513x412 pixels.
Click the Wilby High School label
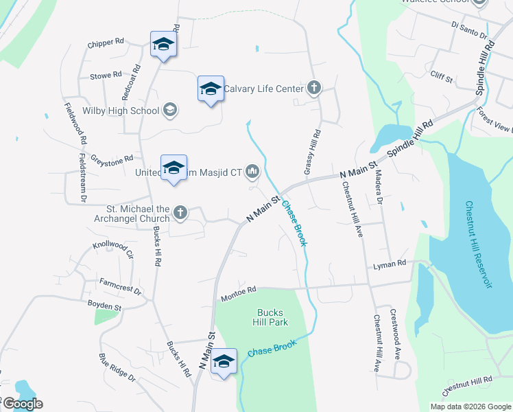(x=120, y=110)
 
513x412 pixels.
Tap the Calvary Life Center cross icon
(x=313, y=87)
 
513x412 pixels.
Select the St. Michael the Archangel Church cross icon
(x=180, y=212)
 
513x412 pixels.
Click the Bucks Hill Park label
(x=272, y=317)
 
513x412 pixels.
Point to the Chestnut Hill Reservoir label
(x=479, y=245)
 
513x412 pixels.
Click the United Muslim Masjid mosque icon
(x=252, y=172)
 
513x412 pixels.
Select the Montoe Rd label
(x=239, y=294)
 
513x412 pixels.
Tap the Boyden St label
(x=104, y=301)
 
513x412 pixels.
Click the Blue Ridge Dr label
(x=117, y=367)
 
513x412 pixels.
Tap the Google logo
(x=22, y=404)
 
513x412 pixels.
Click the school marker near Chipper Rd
(x=163, y=45)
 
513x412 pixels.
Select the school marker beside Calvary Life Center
(x=211, y=89)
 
